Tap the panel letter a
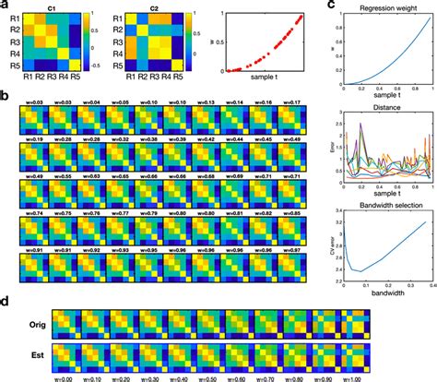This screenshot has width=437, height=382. [6, 6]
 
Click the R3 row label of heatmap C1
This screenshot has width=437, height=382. [13, 42]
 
